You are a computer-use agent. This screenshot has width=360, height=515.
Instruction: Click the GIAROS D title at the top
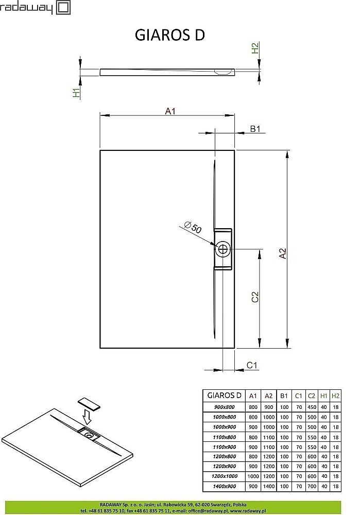(170, 35)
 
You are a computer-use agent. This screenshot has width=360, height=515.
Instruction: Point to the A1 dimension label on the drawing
(170, 111)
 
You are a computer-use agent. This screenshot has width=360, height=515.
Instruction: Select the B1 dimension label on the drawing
(256, 129)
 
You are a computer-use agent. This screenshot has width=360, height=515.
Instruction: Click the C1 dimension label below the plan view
(252, 365)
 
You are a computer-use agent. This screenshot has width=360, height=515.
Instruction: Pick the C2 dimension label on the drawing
(254, 297)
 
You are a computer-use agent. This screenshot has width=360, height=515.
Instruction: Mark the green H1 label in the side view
(76, 93)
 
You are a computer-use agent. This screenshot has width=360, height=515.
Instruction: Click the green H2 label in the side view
(254, 49)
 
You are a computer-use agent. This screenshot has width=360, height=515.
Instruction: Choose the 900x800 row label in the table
(224, 406)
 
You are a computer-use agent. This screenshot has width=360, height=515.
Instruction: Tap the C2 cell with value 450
(311, 406)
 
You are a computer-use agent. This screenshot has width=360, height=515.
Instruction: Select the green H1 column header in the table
(323, 395)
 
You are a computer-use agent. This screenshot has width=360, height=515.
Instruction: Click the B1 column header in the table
(283, 395)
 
